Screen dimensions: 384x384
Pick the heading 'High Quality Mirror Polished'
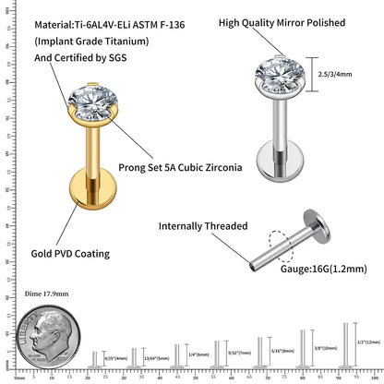pyautogui.click(x=294, y=20)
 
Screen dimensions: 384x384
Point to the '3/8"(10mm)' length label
pyautogui.click(x=324, y=348)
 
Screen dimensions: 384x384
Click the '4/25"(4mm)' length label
pyautogui.click(x=115, y=359)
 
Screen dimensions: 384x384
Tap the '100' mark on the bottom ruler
pyautogui.click(x=374, y=378)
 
